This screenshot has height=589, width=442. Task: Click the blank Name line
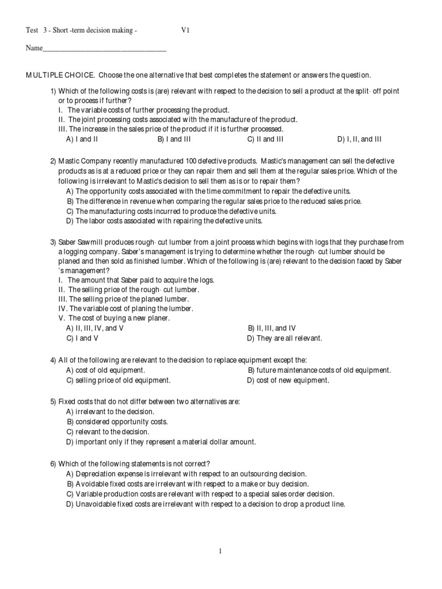(104, 48)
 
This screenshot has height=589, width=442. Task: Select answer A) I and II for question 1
(83, 139)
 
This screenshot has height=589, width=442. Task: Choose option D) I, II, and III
(359, 139)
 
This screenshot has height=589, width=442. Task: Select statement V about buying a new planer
(121, 318)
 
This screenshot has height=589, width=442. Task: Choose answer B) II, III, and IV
(272, 328)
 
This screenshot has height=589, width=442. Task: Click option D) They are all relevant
(284, 338)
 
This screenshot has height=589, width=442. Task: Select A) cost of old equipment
(105, 370)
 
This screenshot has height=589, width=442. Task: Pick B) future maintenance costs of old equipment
(319, 370)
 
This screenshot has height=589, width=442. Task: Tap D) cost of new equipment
(288, 380)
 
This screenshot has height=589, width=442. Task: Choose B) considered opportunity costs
(117, 422)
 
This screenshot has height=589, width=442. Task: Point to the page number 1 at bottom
(220, 552)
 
